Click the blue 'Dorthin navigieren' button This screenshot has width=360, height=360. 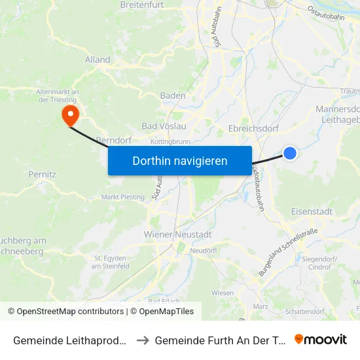(x=179, y=160)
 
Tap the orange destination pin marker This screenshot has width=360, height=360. (x=69, y=115)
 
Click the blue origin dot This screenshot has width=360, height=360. (x=290, y=153)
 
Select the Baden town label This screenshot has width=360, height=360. (x=173, y=96)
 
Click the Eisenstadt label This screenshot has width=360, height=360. (x=312, y=211)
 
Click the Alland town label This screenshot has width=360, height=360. (x=98, y=60)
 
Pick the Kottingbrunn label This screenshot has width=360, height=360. (x=170, y=141)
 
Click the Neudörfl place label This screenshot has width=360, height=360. (x=202, y=251)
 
